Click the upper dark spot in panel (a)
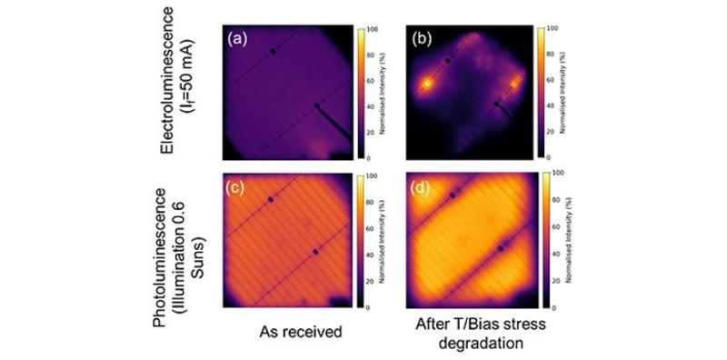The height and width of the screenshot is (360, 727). [273, 52]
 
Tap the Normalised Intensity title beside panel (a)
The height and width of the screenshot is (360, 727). [385, 91]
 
